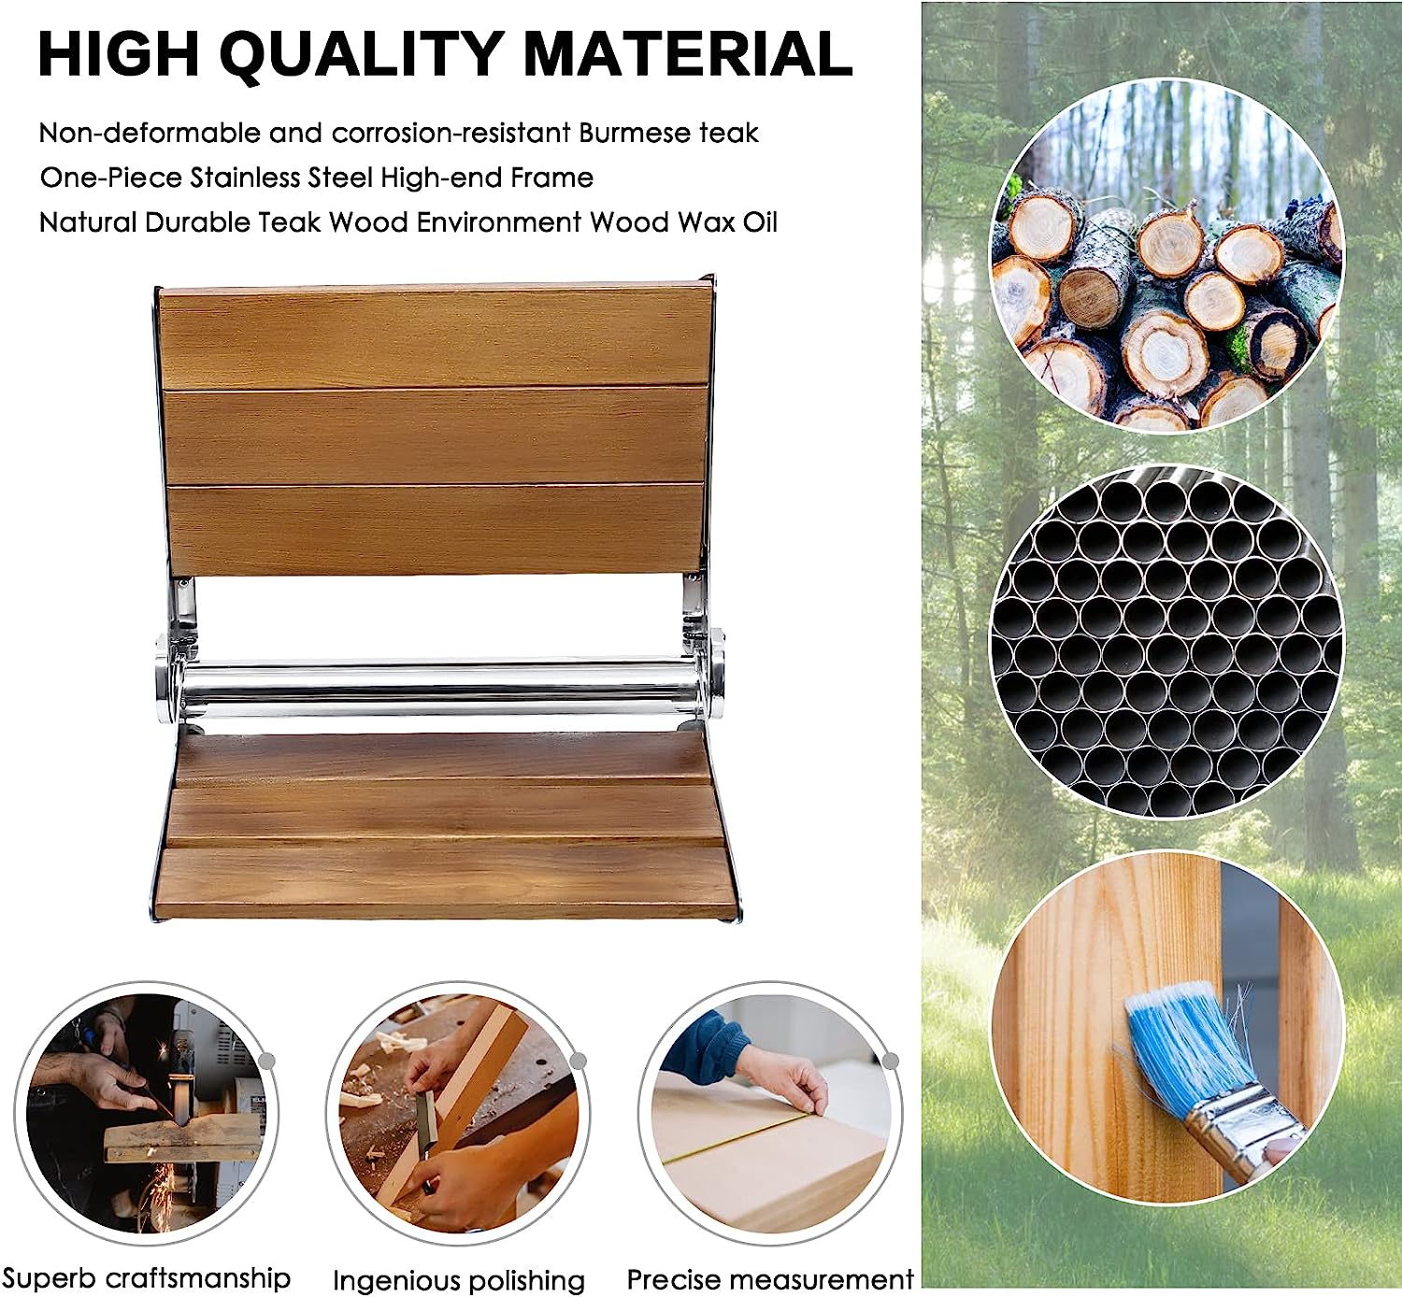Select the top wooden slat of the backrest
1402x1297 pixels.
pos(435,337)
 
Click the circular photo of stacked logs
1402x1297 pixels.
pos(1167,256)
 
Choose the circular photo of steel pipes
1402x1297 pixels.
pos(1167,642)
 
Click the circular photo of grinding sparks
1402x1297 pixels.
pos(146,1114)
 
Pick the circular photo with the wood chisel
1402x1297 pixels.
pos(458,1114)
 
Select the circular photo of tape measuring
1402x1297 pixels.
pos(770,1114)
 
